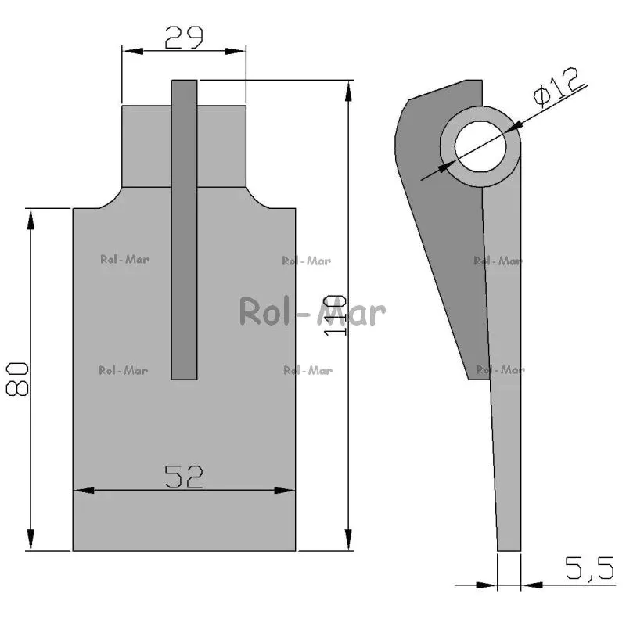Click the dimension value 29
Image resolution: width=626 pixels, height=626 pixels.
point(184,38)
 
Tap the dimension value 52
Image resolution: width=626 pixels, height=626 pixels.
point(184,477)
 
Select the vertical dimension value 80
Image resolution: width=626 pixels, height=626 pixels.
point(17,379)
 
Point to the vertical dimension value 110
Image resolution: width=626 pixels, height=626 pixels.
point(335,315)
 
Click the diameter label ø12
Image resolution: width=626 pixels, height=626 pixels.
point(557,87)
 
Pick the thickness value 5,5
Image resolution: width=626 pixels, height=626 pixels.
point(590,568)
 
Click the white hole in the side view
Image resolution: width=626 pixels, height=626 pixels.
point(480,146)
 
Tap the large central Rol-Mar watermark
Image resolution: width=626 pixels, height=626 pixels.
point(312,311)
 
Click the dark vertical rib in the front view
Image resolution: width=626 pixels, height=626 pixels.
point(184,229)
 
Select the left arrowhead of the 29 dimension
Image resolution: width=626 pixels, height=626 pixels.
point(132,51)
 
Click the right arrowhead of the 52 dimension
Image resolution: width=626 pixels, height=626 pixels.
point(285,491)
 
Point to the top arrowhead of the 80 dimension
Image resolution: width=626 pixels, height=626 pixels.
point(31,219)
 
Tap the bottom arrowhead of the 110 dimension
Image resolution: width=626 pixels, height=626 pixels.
point(348,540)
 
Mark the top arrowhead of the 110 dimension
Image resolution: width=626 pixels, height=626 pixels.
point(348,91)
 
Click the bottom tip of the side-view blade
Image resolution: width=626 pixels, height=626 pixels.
point(509,551)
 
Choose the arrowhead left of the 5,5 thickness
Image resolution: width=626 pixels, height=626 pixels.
point(487,585)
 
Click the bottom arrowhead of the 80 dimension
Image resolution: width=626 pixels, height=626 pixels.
point(31,540)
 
